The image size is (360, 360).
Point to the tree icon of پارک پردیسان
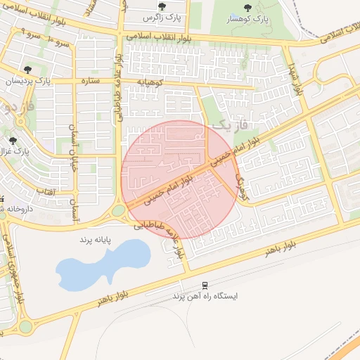tap(27, 70)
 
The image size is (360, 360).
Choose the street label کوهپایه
tap(151, 82)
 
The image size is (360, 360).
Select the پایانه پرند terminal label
tap(95, 240)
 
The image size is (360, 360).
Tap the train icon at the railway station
tap(205, 285)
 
